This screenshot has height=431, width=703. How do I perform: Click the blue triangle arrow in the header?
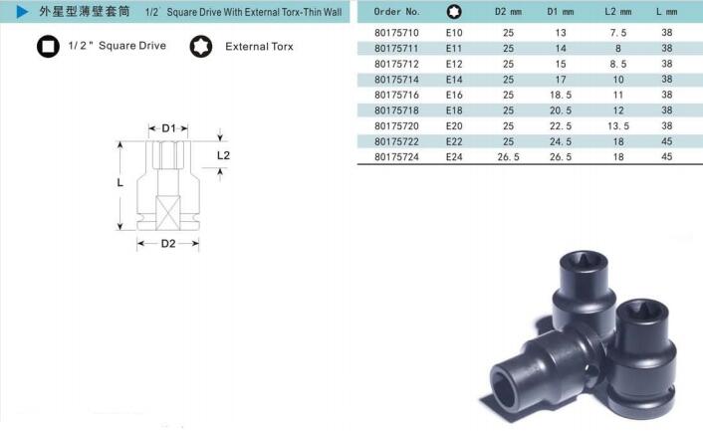pyautogui.click(x=22, y=12)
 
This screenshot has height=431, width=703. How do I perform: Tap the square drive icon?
pyautogui.click(x=48, y=46)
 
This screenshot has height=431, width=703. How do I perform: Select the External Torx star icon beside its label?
pyautogui.click(x=201, y=46)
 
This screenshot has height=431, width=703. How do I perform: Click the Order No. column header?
pyautogui.click(x=396, y=12)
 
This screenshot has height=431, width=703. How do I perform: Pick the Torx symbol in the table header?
pyautogui.click(x=454, y=12)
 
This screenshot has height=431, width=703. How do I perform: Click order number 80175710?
pyautogui.click(x=396, y=33)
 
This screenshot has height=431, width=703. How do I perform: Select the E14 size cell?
pyautogui.click(x=454, y=80)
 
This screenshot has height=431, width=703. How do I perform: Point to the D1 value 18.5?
pyautogui.click(x=561, y=95)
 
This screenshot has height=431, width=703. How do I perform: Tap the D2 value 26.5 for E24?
pyautogui.click(x=508, y=157)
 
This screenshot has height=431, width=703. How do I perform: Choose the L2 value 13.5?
pyautogui.click(x=618, y=125)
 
